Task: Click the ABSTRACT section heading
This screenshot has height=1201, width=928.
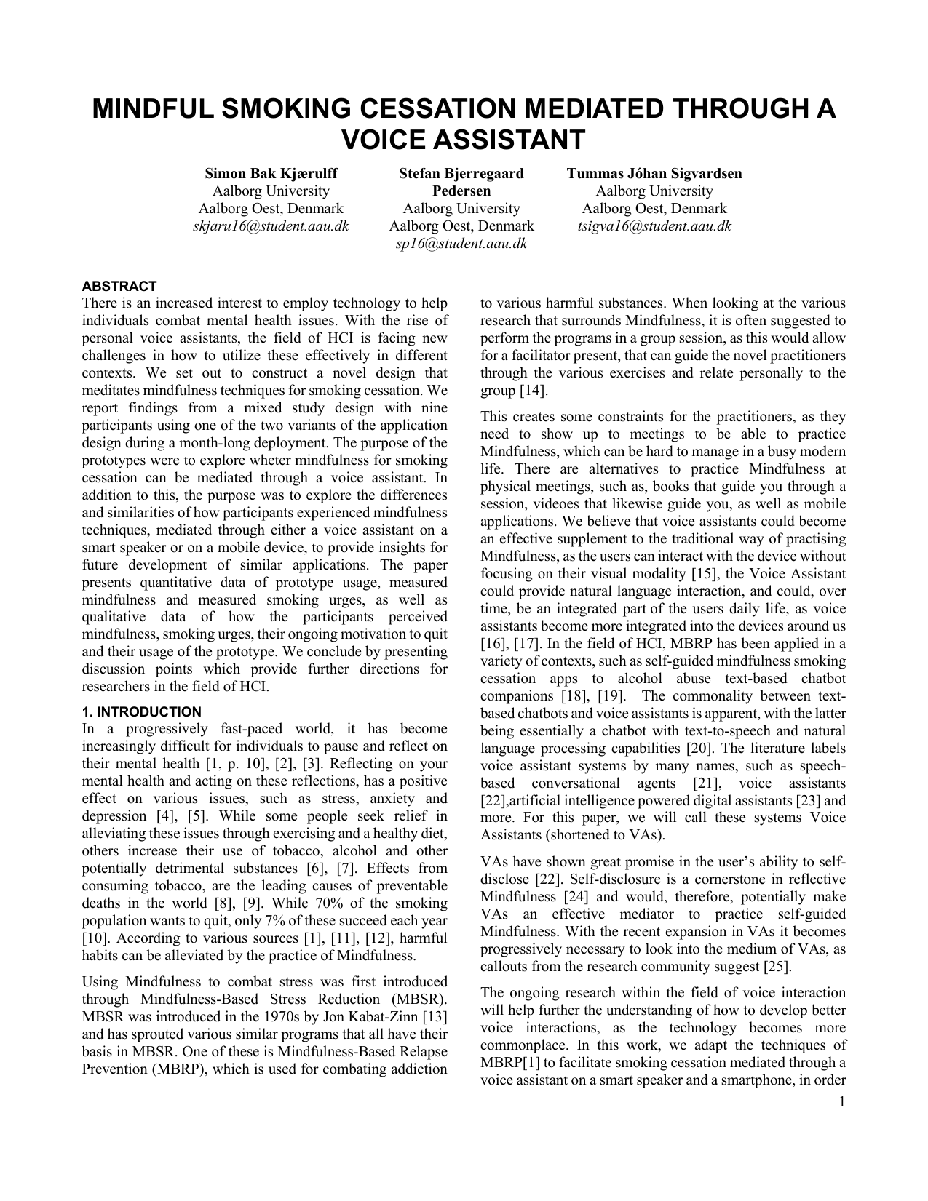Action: click(x=119, y=287)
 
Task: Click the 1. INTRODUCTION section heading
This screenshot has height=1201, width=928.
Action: click(x=142, y=712)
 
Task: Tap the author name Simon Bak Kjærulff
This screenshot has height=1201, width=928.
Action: click(x=271, y=174)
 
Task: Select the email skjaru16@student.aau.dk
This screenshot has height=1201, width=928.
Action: click(x=271, y=226)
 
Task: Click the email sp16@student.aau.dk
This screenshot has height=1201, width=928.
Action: click(x=461, y=244)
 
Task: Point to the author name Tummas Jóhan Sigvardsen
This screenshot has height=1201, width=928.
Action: click(x=654, y=174)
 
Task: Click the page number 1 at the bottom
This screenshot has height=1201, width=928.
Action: click(x=842, y=1102)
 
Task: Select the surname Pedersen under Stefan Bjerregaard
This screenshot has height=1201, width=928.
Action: click(x=461, y=191)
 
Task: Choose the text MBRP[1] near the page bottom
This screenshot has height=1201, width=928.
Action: click(x=508, y=1063)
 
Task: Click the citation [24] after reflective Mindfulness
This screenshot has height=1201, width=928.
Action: click(x=580, y=897)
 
